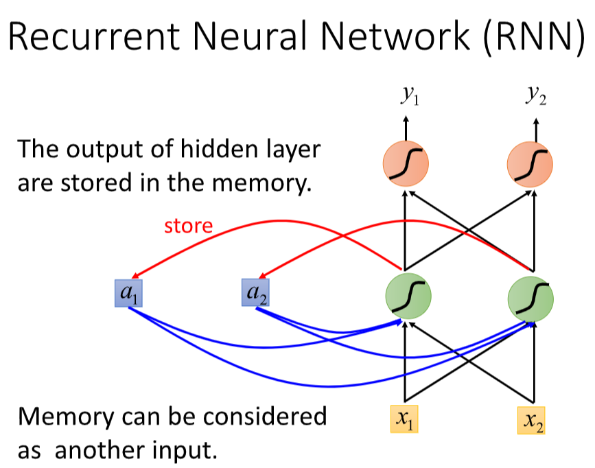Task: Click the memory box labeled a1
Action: [128, 293]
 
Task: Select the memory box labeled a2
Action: [255, 293]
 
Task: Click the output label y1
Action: [409, 96]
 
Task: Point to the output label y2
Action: [536, 96]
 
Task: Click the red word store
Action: [188, 225]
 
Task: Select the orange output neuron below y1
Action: [405, 165]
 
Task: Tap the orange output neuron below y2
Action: [529, 165]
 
